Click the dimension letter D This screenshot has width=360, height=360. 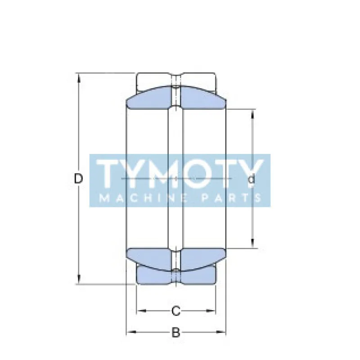[x=78, y=179]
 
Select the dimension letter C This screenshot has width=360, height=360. [x=176, y=310]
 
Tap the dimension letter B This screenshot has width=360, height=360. [x=176, y=333]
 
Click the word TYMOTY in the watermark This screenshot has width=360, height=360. [x=180, y=173]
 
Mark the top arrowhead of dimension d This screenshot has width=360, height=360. [x=252, y=112]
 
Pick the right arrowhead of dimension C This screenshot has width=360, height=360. [x=214, y=310]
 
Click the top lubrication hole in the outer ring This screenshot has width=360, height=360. [x=176, y=82]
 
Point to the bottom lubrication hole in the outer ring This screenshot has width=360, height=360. [x=176, y=275]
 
